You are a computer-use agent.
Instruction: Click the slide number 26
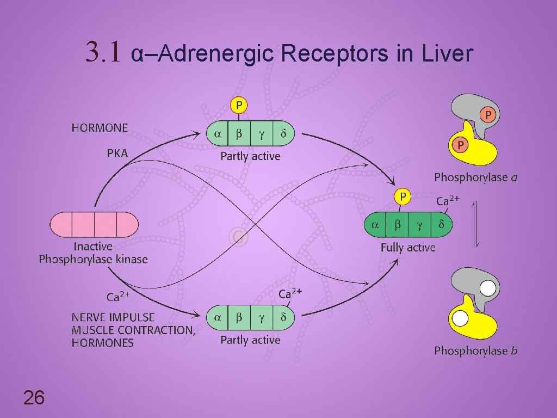[34, 398]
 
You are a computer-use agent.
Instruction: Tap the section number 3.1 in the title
[105, 53]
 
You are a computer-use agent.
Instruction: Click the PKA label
[117, 153]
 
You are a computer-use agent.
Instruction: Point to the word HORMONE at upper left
[100, 128]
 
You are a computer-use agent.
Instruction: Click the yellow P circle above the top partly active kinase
[239, 104]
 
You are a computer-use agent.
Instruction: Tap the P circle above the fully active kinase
[403, 196]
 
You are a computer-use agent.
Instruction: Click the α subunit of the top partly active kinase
[218, 133]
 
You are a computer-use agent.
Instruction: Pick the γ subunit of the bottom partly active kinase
[261, 317]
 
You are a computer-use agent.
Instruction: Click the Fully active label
[408, 248]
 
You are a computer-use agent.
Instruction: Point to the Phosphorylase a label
[475, 177]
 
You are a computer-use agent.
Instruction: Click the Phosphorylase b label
[475, 351]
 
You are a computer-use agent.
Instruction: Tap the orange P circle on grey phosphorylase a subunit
[487, 115]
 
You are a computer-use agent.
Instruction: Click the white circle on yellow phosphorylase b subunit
[461, 317]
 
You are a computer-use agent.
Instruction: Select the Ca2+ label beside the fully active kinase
[448, 201]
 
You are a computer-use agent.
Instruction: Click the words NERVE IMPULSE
[113, 317]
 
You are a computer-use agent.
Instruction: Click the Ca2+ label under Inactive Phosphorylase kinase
[117, 297]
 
